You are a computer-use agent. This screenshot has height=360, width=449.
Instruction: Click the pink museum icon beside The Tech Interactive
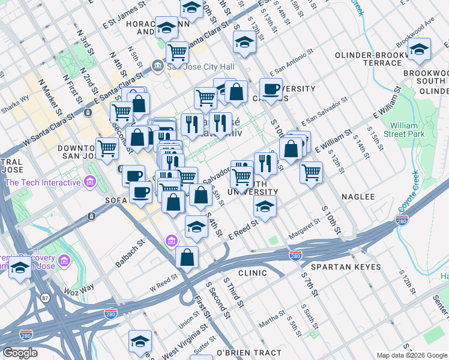(89, 181)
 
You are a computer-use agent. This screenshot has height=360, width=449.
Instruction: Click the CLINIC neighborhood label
(252, 273)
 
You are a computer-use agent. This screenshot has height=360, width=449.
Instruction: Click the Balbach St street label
(130, 253)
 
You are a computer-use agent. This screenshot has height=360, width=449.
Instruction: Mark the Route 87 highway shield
(45, 298)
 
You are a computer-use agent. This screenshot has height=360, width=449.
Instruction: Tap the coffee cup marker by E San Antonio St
(271, 89)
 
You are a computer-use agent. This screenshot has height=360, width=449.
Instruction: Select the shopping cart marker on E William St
(311, 172)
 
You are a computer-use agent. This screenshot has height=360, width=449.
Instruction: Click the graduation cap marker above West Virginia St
(140, 341)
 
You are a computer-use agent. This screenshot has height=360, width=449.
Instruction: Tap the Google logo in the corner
(20, 353)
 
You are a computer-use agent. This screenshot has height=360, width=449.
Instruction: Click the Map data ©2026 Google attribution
(410, 355)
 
